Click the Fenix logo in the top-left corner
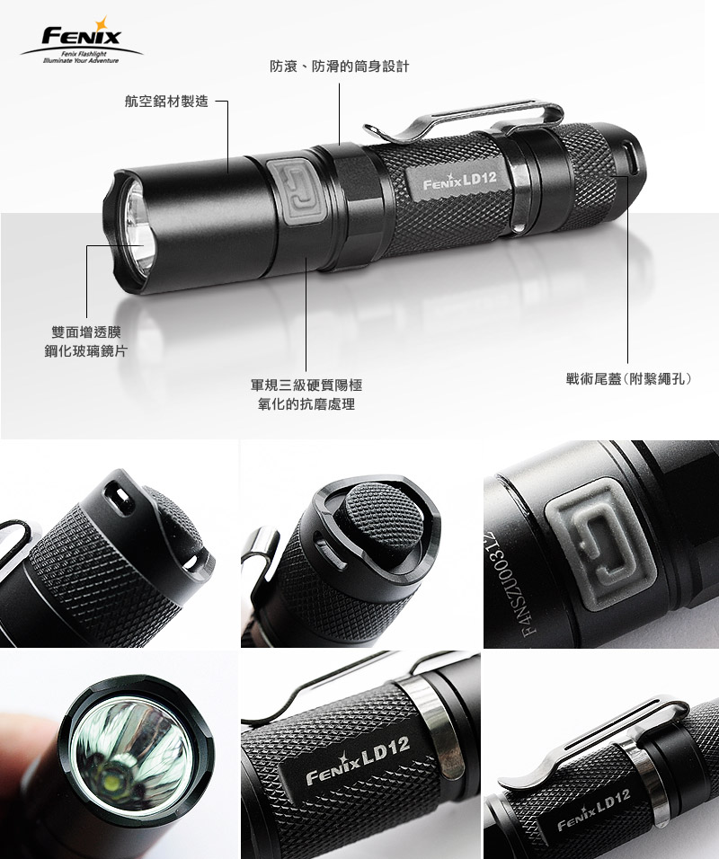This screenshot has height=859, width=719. tap(82, 40)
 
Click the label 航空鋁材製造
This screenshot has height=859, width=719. tap(166, 102)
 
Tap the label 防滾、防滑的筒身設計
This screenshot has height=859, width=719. tap(339, 66)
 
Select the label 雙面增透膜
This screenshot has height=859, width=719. tap(86, 332)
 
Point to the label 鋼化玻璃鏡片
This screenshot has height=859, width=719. tap(86, 351)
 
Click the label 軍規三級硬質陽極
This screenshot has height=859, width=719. tap(306, 385)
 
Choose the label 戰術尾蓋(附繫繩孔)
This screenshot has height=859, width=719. tap(629, 378)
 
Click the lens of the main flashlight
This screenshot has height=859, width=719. tap(138, 227)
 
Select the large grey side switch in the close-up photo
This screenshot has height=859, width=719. tap(600, 544)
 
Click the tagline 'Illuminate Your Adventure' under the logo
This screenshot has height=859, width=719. tap(81, 60)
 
